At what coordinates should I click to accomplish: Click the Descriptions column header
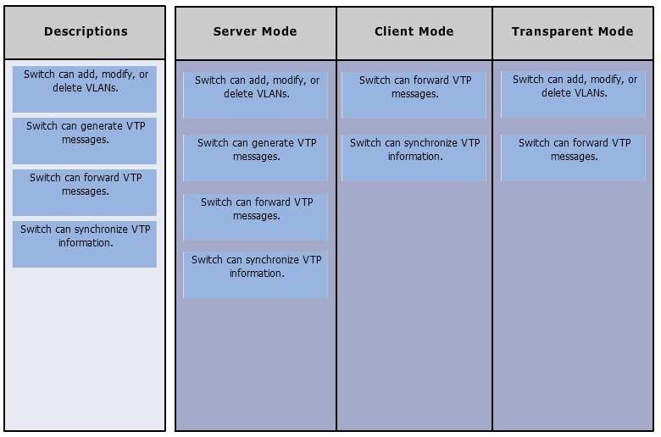point(85,32)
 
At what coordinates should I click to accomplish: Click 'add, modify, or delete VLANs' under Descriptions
point(84,89)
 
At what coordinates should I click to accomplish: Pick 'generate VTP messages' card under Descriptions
point(84,141)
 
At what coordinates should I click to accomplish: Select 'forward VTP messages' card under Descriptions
point(84,192)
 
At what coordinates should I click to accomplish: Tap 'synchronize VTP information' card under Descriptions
point(84,244)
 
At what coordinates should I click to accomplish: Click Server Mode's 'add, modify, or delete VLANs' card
point(255,95)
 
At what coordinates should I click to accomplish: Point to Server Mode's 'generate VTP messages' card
point(255,158)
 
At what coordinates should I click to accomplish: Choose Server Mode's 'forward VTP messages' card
point(255,217)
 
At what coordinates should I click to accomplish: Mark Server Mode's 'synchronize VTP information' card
point(255,274)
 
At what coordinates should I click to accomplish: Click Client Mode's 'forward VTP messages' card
point(414,95)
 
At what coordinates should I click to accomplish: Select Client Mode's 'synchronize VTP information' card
point(414,158)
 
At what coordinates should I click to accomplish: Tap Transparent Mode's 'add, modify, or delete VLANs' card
point(573,94)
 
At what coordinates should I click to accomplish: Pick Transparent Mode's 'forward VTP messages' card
point(573,158)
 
